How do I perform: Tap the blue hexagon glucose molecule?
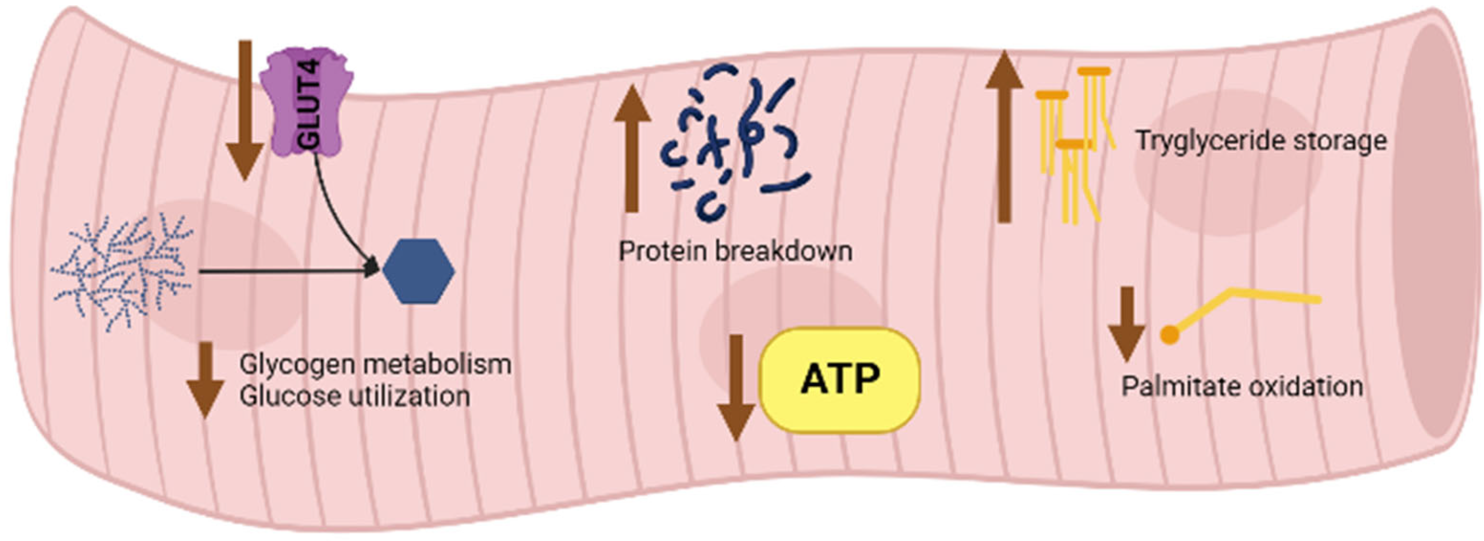pos(418,271)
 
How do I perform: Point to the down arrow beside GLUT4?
pos(245,109)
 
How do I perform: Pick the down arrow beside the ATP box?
pos(736,387)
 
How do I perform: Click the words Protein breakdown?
pos(735,252)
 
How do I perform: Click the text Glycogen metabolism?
pos(375,365)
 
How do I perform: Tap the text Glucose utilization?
pos(354,396)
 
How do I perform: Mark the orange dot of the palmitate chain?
pos(1169,335)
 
